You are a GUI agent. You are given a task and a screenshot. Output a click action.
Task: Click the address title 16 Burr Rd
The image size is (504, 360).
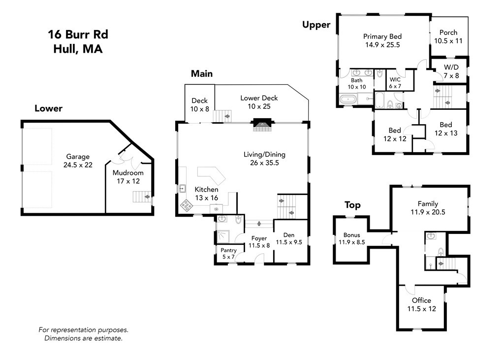[78, 34]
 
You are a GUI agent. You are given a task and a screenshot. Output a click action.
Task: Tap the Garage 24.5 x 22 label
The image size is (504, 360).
[79, 161]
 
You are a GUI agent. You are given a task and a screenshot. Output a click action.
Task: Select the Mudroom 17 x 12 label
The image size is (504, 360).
[128, 177]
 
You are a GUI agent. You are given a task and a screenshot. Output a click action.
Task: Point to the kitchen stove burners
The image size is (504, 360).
[186, 204]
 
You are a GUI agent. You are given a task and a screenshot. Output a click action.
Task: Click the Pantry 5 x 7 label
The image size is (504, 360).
[228, 253]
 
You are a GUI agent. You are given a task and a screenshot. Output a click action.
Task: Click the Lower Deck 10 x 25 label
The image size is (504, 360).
[259, 102]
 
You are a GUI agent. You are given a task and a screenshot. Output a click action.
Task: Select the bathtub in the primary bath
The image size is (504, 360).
[349, 99]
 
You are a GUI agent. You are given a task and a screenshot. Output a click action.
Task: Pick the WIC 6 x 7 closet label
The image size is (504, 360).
[395, 83]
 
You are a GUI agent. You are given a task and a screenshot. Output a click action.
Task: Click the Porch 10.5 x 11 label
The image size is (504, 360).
[448, 37]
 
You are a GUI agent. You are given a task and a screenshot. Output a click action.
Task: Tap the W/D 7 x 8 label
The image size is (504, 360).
[451, 71]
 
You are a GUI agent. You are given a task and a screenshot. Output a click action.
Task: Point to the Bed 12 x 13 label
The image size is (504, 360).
[445, 129]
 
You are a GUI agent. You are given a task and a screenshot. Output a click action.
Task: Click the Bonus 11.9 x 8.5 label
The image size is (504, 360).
[351, 238]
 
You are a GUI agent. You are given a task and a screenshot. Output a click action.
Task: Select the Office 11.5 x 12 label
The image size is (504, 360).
[421, 304]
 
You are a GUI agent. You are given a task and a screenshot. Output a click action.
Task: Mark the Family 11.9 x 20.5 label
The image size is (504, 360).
[428, 207]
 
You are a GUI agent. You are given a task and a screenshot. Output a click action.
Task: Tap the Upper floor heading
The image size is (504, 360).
[316, 25]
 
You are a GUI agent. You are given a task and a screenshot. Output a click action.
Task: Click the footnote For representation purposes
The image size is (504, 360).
[83, 330]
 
